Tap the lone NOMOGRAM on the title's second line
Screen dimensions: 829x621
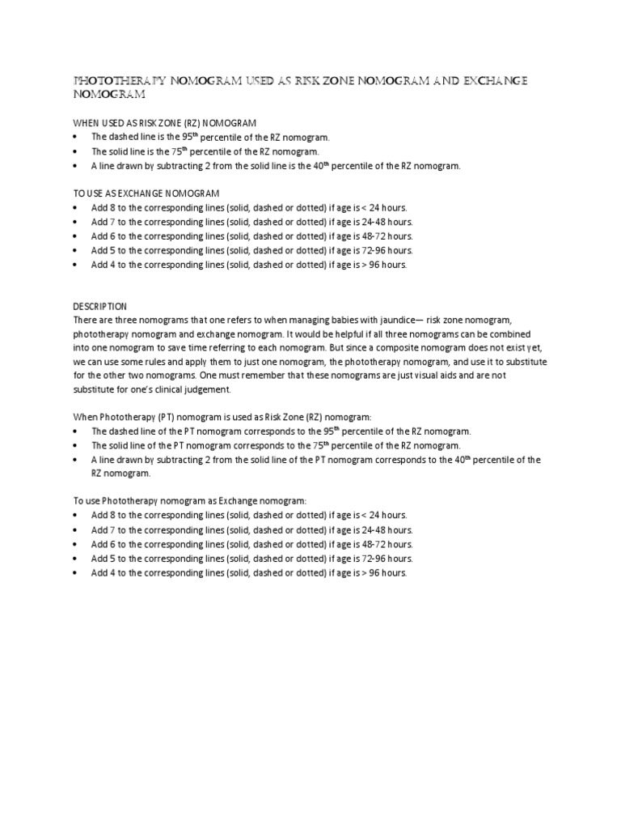click(x=109, y=96)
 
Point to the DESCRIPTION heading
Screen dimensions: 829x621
click(x=100, y=307)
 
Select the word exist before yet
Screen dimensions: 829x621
click(x=515, y=348)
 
